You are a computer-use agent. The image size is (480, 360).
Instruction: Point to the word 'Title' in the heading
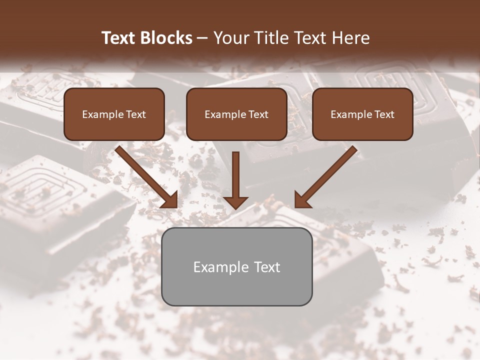click(272, 38)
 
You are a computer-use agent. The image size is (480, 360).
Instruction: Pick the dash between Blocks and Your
click(203, 38)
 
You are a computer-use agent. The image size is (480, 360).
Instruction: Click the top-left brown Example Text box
click(114, 114)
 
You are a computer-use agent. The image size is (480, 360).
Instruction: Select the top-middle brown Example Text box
click(236, 114)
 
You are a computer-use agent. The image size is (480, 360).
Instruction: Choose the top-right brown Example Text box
click(362, 114)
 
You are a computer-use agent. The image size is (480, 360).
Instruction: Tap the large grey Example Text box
click(236, 266)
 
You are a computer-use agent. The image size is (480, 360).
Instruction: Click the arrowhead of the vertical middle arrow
click(235, 201)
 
